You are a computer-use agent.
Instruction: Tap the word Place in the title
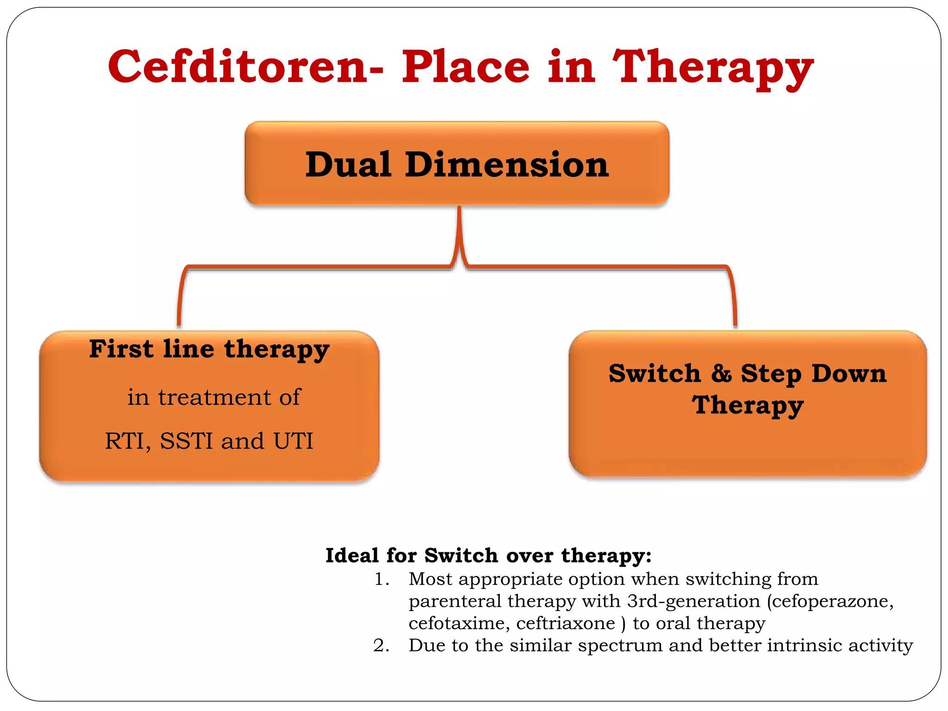click(x=465, y=67)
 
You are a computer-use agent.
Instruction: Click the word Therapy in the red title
click(x=713, y=69)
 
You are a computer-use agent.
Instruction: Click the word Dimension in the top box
click(x=507, y=165)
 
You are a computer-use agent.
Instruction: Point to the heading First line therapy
click(x=209, y=349)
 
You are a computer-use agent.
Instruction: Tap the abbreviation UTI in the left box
click(x=293, y=441)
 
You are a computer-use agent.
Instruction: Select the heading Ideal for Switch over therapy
click(x=488, y=555)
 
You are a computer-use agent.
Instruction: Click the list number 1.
click(x=380, y=579)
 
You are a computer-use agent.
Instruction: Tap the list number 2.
click(x=380, y=645)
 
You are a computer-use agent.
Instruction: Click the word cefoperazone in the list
click(x=831, y=601)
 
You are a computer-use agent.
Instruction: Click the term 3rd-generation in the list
click(x=693, y=601)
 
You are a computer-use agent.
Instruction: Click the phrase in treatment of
click(x=214, y=397)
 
